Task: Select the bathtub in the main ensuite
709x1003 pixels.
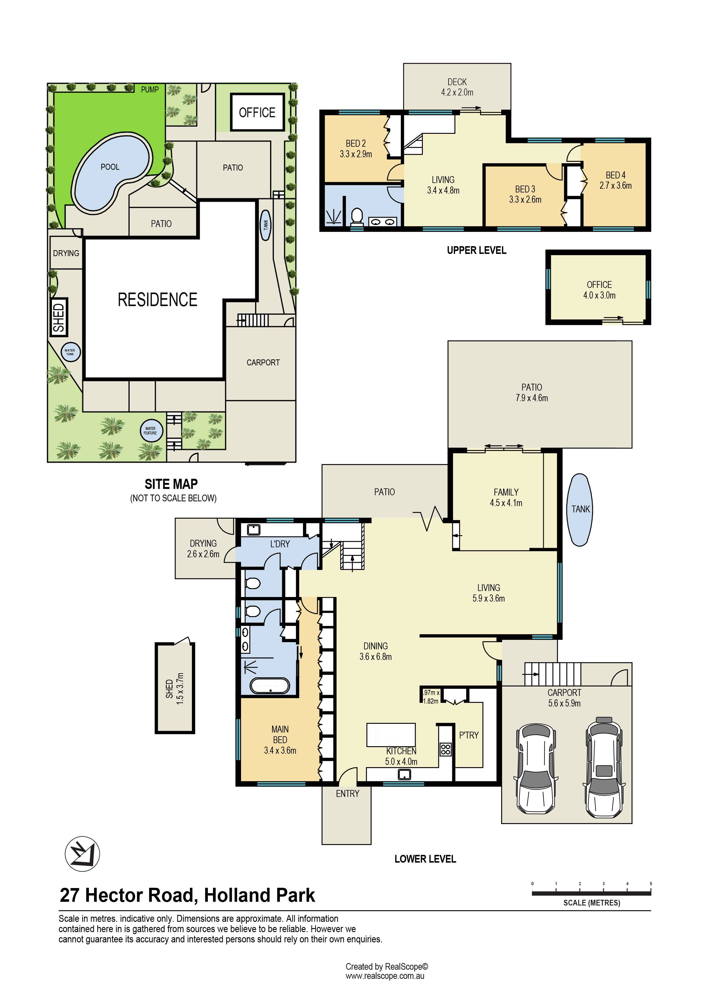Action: coord(270,685)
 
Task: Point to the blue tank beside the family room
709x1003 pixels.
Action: coord(580,510)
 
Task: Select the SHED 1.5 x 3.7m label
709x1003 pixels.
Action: coord(175,688)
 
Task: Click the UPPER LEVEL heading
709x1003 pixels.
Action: coord(477,250)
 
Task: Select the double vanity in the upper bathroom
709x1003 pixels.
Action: coord(383,222)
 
